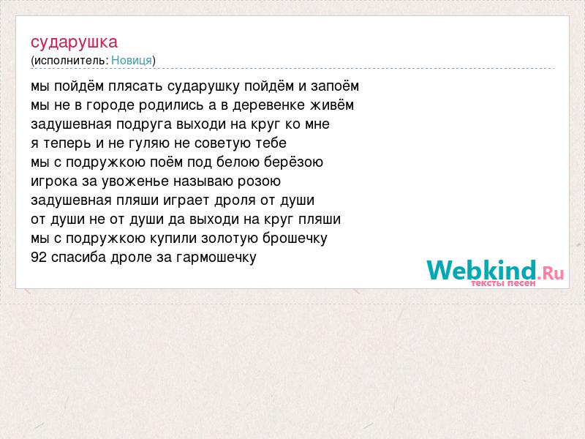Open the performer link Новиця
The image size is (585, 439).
coord(132,61)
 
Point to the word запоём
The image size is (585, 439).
coord(335,86)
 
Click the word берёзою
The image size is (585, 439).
coord(293,162)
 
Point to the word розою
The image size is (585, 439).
coord(259,181)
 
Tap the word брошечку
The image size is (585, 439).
coord(295,239)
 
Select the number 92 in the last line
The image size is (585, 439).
coord(39,258)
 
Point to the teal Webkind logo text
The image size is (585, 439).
coord(481,270)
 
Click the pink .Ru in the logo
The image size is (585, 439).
coord(551,274)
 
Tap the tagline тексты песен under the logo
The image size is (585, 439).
coord(503,283)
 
